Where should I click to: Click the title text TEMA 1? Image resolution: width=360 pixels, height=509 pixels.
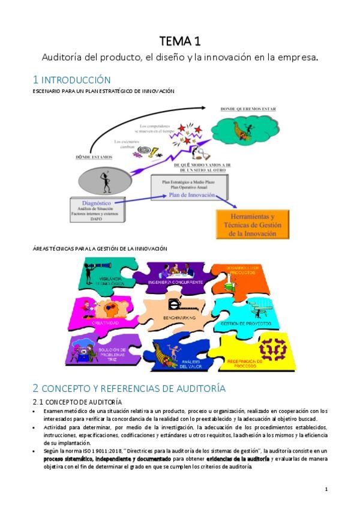coord(179,41)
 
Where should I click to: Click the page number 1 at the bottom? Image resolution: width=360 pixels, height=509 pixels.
coord(326,489)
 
